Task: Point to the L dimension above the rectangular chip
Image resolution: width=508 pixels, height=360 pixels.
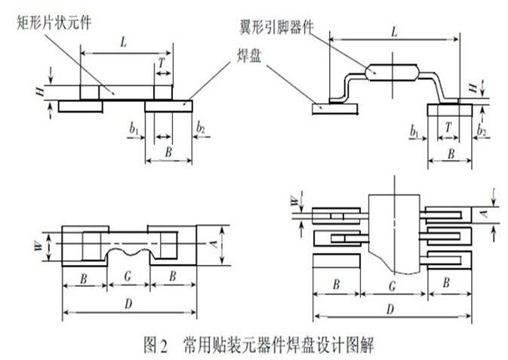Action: click(123, 45)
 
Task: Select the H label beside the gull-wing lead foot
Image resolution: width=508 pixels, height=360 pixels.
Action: click(473, 89)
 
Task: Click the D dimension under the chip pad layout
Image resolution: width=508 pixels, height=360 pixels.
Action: click(128, 303)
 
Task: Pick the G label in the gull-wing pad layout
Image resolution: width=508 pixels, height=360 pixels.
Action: click(393, 287)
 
